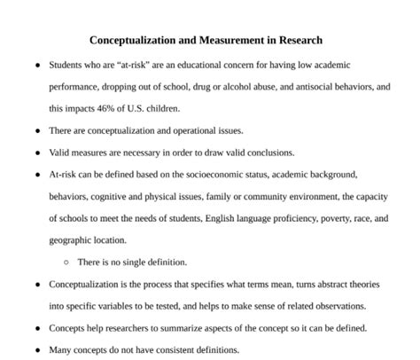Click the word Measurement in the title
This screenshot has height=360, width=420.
point(222,41)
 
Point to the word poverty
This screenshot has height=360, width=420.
point(327,218)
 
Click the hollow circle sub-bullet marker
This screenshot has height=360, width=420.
point(66,262)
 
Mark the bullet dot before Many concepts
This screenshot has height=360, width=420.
point(36,349)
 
